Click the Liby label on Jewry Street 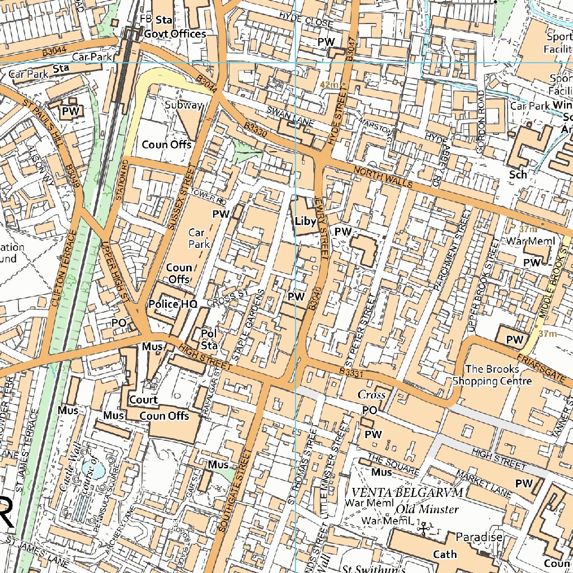tap(306, 221)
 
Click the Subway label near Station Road tap(184, 105)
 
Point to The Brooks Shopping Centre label tap(491, 375)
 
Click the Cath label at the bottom tap(445, 554)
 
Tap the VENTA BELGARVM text tap(406, 492)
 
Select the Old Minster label tap(427, 509)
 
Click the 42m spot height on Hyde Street tap(330, 84)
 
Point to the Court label tap(143, 400)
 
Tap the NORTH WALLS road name tap(383, 176)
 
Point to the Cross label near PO tap(371, 395)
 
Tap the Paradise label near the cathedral tap(478, 537)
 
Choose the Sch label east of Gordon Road tap(518, 175)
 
